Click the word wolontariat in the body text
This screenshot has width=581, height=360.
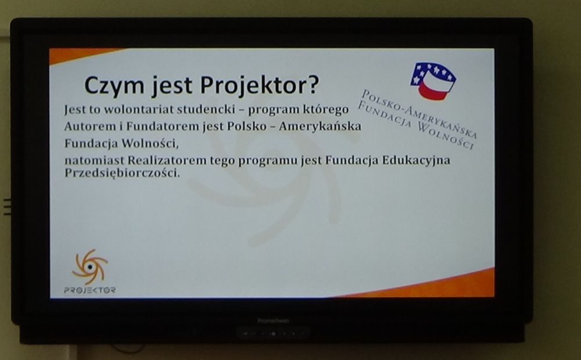138,110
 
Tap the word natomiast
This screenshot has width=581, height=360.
95,160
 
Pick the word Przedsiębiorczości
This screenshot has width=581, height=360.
122,173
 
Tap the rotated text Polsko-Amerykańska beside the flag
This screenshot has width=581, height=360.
419,113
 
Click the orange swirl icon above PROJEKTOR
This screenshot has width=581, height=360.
90,267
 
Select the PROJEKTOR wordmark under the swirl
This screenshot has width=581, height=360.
89,290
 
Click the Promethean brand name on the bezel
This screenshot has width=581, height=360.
274,321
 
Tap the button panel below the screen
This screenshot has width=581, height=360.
273,333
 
